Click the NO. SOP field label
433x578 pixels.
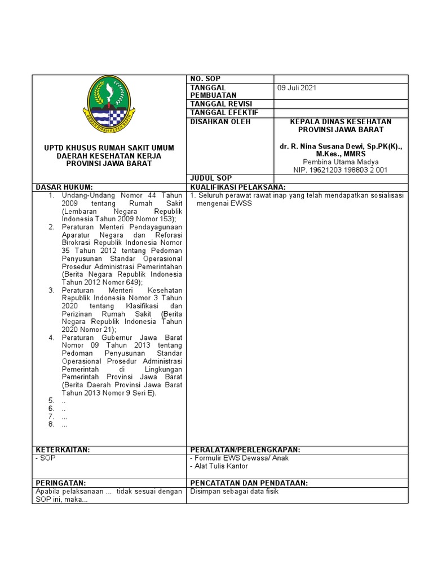point(206,79)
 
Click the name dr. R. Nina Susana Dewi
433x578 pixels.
point(330,146)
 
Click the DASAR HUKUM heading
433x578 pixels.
point(64,187)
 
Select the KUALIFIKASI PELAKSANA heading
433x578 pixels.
point(238,187)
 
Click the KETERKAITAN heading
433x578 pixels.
point(63,449)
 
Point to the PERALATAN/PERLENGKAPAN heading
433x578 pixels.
point(245,449)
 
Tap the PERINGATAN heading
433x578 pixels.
point(61,483)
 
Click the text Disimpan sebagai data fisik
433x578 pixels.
point(234,491)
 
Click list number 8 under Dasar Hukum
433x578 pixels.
point(50,424)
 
